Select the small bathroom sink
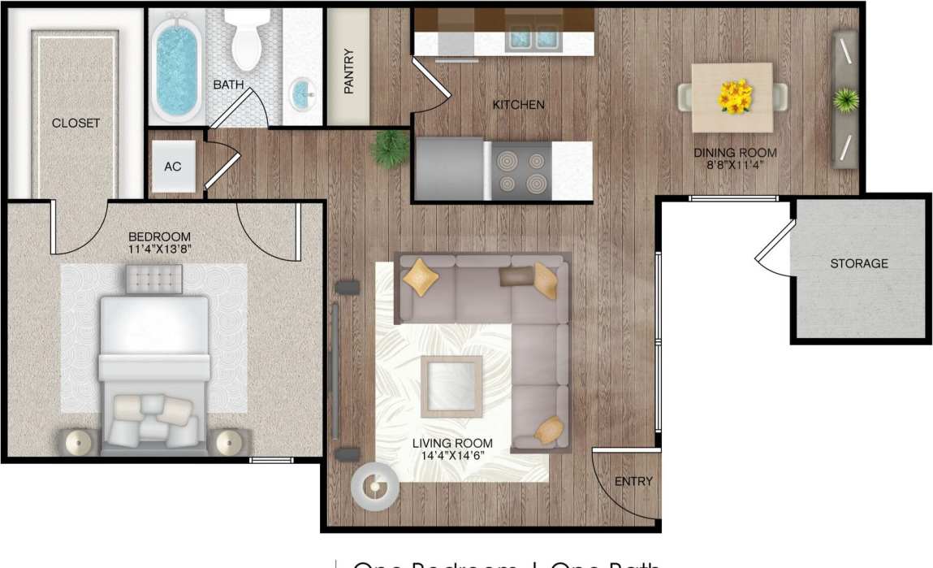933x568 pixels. tap(303, 93)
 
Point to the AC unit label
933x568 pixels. tap(172, 167)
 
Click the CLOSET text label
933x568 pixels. tap(76, 124)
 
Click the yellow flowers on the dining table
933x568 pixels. tap(735, 96)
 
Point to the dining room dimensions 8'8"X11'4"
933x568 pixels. tap(735, 164)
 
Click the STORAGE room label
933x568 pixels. tap(858, 263)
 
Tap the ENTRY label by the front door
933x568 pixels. tap(633, 481)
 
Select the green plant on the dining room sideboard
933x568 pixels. tap(845, 101)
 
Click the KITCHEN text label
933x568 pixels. tap(518, 105)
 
